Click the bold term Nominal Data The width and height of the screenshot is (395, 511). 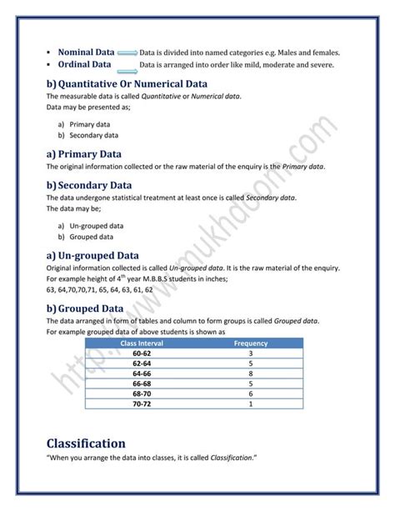[x=87, y=53]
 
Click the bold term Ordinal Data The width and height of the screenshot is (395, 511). [x=85, y=64]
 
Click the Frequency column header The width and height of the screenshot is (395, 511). [x=250, y=343]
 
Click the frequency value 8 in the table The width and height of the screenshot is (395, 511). [x=250, y=373]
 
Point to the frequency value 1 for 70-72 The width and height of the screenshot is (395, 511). [x=250, y=403]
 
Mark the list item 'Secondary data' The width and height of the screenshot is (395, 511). [x=93, y=135]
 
